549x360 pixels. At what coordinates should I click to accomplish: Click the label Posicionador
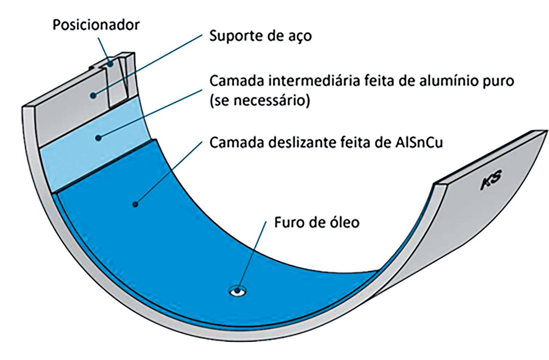[96, 25]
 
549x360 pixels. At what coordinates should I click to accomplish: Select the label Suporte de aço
[260, 36]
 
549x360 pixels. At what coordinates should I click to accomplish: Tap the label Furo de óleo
[316, 222]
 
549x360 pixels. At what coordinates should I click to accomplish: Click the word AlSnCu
[418, 142]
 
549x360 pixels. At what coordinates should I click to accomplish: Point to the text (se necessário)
[259, 101]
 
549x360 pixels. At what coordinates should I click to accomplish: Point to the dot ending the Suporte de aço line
[93, 95]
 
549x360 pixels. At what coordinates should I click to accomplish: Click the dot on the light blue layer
[98, 137]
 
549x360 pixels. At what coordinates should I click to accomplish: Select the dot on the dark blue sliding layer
[135, 204]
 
